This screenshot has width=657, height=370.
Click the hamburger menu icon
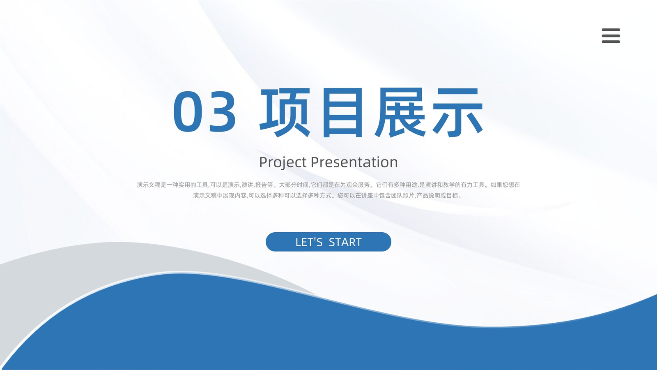click(611, 35)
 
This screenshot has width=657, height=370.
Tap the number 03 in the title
click(204, 111)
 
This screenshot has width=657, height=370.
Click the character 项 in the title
click(285, 113)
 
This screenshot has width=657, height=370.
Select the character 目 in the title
click(342, 113)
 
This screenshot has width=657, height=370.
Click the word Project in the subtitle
click(283, 163)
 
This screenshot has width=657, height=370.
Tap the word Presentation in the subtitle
click(354, 162)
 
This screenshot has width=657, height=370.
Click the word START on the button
click(345, 242)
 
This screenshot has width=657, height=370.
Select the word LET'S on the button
click(309, 242)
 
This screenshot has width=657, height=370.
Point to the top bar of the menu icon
click(611, 30)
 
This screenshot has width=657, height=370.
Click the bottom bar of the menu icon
click(611, 42)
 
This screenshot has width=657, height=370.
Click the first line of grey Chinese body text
click(328, 185)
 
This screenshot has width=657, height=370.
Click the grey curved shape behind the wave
click(88, 264)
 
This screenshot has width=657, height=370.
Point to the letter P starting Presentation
click(315, 162)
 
